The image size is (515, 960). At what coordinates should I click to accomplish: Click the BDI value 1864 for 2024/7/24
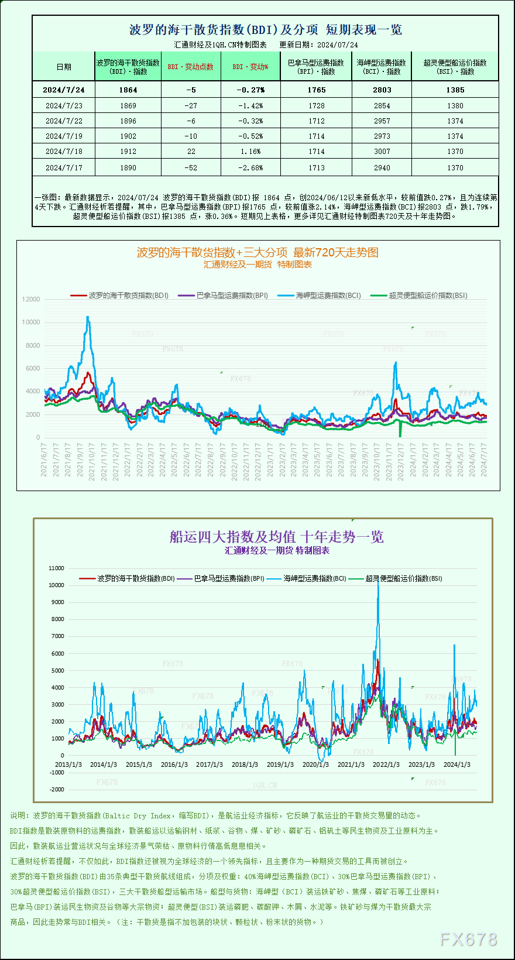(x=128, y=90)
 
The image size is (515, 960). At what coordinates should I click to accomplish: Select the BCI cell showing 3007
(x=382, y=151)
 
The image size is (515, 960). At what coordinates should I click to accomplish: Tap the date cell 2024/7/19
(x=64, y=136)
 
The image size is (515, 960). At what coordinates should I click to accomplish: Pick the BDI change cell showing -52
(x=191, y=167)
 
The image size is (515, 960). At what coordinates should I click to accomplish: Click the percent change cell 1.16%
(x=251, y=151)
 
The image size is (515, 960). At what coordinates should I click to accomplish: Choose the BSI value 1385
(x=455, y=90)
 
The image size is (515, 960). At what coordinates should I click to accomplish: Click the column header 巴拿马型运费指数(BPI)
(x=316, y=67)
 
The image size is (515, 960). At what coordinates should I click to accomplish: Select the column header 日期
(x=64, y=67)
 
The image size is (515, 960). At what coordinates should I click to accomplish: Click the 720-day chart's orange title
(x=257, y=252)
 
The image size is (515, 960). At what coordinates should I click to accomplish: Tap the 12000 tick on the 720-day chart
(x=31, y=299)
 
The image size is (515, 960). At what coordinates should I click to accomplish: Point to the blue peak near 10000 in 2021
(x=88, y=318)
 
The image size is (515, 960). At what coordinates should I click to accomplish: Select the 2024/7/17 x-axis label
(x=483, y=460)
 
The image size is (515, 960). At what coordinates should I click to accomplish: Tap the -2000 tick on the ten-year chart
(x=57, y=790)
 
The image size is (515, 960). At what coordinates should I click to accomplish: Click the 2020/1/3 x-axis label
(x=315, y=764)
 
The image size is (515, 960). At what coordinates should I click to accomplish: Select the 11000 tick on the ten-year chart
(x=57, y=568)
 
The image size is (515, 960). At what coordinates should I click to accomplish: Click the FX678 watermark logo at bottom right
(x=468, y=939)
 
